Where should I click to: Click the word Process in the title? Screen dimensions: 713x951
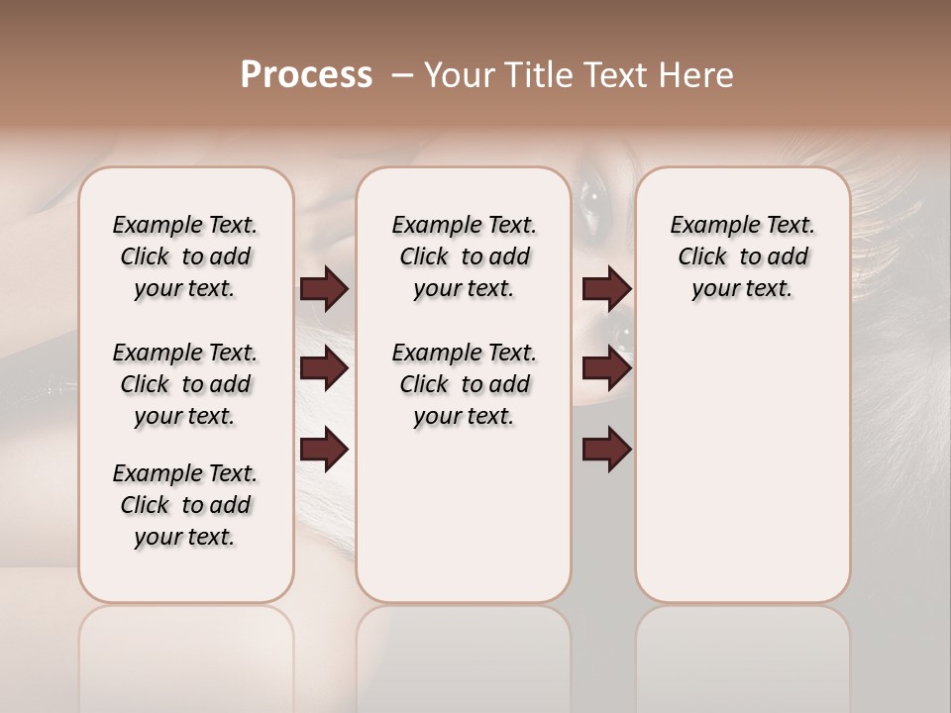(x=306, y=75)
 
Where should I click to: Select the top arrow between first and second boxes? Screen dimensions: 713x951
(x=324, y=289)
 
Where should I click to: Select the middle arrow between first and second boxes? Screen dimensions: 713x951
(x=324, y=369)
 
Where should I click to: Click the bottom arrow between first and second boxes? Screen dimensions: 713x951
(x=324, y=450)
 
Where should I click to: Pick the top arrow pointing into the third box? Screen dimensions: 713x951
(x=606, y=289)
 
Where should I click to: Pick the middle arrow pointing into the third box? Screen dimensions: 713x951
(x=606, y=369)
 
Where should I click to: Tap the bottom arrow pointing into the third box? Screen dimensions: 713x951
(x=606, y=450)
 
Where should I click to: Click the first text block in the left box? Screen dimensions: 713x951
(x=185, y=256)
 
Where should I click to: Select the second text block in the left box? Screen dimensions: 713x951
(x=185, y=384)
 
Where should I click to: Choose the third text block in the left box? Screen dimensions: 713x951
(x=185, y=505)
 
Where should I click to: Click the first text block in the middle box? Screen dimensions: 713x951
(x=464, y=256)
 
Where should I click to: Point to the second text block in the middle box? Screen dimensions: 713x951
(x=464, y=384)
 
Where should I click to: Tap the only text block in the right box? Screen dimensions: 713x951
(x=742, y=256)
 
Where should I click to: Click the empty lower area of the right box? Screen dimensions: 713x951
(x=742, y=475)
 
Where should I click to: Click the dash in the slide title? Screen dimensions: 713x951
(x=402, y=75)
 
